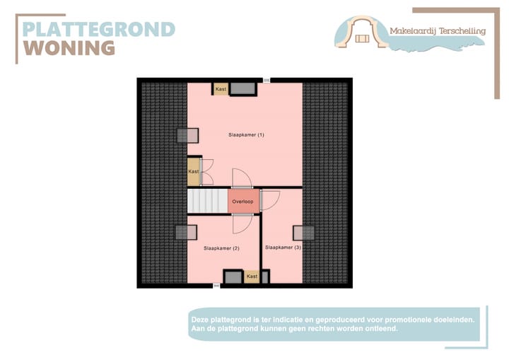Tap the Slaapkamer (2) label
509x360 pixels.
click(x=221, y=248)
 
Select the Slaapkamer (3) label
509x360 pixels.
click(x=283, y=248)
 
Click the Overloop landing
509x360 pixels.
click(x=242, y=202)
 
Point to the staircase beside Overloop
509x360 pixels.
click(x=206, y=200)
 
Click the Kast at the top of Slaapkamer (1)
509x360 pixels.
click(x=221, y=89)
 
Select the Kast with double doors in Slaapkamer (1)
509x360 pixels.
click(x=193, y=171)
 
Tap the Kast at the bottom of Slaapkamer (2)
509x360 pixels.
click(x=252, y=277)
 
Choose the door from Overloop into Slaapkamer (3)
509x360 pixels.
click(x=269, y=201)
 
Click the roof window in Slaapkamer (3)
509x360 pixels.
click(x=305, y=233)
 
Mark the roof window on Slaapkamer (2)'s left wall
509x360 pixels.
click(x=186, y=232)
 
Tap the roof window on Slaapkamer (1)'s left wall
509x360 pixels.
click(x=187, y=136)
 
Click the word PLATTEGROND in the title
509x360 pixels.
click(x=98, y=29)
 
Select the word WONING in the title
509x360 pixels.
click(x=69, y=48)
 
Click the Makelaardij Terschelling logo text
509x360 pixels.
click(x=436, y=30)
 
